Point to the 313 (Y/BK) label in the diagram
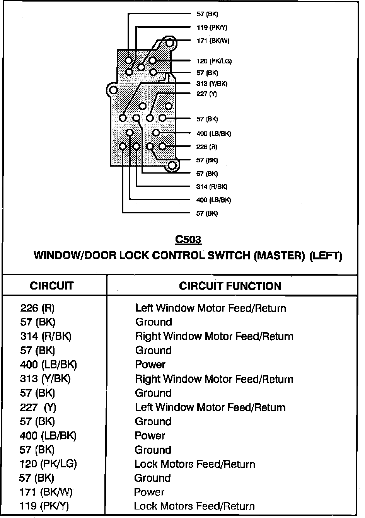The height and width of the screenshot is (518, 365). click(212, 83)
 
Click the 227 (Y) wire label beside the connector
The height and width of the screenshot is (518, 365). click(207, 94)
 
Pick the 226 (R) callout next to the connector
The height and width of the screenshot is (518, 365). click(207, 147)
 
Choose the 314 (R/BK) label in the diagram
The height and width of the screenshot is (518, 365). click(211, 187)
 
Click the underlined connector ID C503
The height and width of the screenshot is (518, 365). click(188, 240)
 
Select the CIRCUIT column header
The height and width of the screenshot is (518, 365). click(52, 286)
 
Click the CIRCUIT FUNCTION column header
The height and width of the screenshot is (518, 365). click(230, 286)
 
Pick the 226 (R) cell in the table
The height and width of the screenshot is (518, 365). click(38, 308)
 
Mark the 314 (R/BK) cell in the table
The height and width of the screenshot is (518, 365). click(46, 336)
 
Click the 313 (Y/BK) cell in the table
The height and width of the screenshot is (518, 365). click(45, 379)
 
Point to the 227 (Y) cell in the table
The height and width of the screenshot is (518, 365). click(38, 407)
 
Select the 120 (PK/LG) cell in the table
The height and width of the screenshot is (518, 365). click(48, 464)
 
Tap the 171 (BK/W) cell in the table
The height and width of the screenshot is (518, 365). click(46, 492)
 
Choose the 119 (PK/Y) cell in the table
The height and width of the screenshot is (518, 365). click(44, 506)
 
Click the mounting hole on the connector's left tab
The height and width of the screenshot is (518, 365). click(113, 90)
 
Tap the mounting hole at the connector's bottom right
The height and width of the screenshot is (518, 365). click(172, 166)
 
